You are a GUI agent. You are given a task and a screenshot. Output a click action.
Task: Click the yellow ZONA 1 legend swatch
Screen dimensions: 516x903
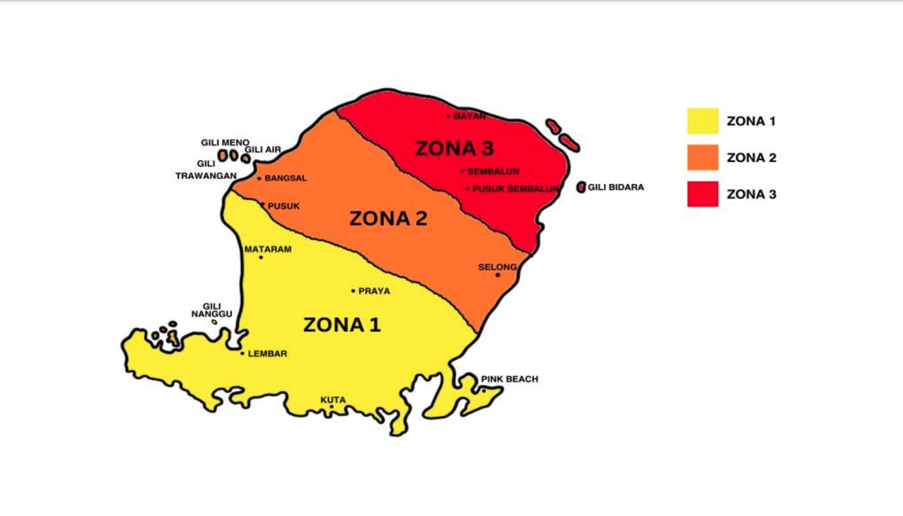point(702,121)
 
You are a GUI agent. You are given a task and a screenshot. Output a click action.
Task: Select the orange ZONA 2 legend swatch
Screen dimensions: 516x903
point(702,158)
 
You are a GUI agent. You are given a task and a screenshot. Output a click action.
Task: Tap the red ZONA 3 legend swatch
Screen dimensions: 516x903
point(702,194)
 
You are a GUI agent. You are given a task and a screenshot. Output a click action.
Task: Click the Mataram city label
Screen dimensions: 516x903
point(268,250)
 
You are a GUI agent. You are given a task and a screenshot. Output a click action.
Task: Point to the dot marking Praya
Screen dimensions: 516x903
point(353,291)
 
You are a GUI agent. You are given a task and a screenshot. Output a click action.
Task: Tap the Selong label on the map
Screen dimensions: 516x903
point(497,267)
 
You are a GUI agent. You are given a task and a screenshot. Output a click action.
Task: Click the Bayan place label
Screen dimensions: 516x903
point(469,116)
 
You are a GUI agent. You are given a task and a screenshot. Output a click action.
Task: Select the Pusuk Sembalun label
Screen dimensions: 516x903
point(515,189)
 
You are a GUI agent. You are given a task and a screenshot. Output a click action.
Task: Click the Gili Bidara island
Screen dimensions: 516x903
point(581,187)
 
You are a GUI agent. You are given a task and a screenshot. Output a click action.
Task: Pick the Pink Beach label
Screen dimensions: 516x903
point(509,379)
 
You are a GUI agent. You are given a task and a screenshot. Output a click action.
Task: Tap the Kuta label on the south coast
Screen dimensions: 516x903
point(333,400)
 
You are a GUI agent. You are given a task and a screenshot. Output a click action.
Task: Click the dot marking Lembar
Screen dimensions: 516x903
point(242,353)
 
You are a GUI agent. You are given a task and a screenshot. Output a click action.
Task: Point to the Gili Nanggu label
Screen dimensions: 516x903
point(212,310)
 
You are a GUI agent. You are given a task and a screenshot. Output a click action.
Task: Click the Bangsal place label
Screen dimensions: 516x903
point(285,178)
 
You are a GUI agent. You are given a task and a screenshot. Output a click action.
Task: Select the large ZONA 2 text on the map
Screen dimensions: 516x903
point(388,218)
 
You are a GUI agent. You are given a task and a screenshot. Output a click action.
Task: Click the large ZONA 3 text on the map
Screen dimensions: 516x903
point(454,148)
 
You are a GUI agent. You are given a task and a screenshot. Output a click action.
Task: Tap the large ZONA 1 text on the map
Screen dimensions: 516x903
point(342,325)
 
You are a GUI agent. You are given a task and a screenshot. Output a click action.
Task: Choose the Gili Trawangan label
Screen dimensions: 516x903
point(206,170)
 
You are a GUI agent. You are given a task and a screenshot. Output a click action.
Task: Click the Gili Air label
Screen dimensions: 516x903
point(263,149)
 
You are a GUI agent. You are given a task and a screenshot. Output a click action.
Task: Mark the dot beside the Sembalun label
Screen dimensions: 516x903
point(463,171)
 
